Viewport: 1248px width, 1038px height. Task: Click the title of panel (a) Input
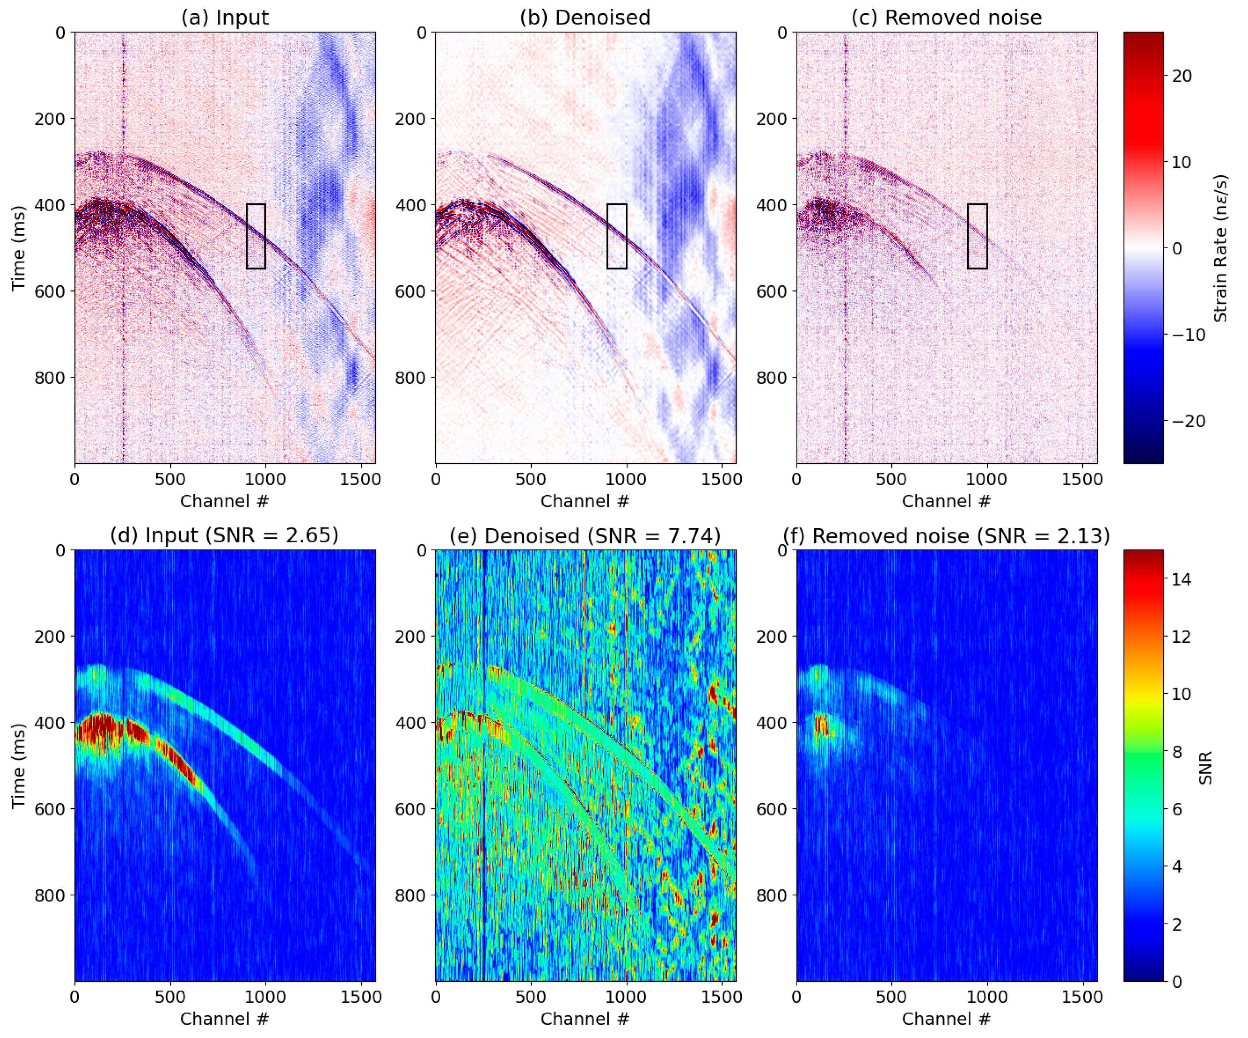[225, 17]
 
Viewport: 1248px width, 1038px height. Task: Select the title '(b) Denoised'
[585, 17]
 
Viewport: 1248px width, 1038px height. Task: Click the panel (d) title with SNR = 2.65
[224, 535]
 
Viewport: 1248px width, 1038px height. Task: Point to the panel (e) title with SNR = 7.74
[585, 536]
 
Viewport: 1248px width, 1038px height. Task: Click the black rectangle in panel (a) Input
[255, 237]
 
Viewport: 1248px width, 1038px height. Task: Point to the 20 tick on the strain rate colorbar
[1181, 76]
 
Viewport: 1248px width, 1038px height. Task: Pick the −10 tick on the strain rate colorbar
[1187, 335]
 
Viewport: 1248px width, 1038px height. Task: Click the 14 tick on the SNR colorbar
[1181, 579]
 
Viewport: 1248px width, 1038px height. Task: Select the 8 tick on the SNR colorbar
[1177, 752]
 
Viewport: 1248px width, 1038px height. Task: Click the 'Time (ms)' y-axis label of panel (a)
[18, 248]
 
